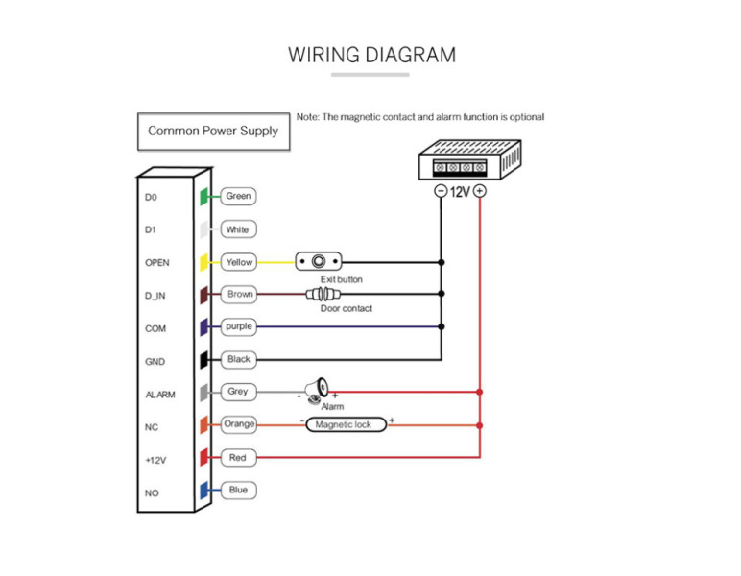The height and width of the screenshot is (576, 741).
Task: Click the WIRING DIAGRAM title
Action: pyautogui.click(x=371, y=55)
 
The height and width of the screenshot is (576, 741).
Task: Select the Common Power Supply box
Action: pyautogui.click(x=213, y=131)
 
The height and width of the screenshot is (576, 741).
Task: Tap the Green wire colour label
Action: pyautogui.click(x=238, y=197)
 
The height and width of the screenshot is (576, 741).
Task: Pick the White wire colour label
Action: pyautogui.click(x=237, y=229)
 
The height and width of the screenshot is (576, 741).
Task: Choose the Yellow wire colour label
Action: pyautogui.click(x=239, y=262)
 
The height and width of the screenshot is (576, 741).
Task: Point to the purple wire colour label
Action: pyautogui.click(x=239, y=327)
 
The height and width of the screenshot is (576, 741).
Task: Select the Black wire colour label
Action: pyautogui.click(x=239, y=360)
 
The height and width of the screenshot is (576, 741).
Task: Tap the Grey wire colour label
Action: pyautogui.click(x=238, y=392)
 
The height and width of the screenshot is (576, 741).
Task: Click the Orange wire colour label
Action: pyautogui.click(x=239, y=424)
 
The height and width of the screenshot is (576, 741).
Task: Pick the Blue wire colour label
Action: pyautogui.click(x=238, y=491)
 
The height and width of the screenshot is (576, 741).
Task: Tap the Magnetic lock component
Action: pyautogui.click(x=345, y=424)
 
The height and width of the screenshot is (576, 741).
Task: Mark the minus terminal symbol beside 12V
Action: pyautogui.click(x=441, y=192)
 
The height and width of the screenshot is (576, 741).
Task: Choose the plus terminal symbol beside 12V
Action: pyautogui.click(x=479, y=192)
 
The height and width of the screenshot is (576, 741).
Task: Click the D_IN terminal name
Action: pyautogui.click(x=155, y=296)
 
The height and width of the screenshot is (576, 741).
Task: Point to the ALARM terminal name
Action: pyautogui.click(x=159, y=395)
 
